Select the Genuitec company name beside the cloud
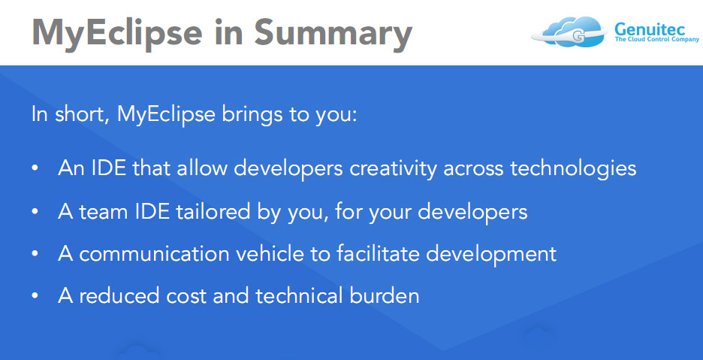[650, 29]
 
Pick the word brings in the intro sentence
[252, 115]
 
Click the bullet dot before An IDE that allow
[35, 168]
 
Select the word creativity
[393, 169]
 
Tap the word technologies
[573, 169]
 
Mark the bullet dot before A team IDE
[35, 211]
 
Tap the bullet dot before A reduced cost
[35, 297]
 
